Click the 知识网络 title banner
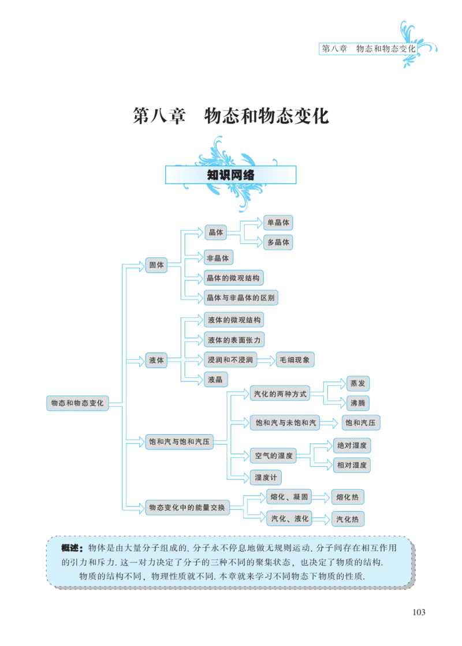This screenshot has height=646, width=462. pos(230,175)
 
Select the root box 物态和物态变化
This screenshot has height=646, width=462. pos(77,403)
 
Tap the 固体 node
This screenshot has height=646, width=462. pos(157,265)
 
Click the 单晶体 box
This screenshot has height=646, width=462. pos(278,222)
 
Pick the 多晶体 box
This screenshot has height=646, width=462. pos(278,242)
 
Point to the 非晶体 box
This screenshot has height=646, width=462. pos(218,258)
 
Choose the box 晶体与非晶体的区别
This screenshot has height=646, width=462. pos(241,298)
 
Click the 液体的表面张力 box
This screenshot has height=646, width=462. pos(234,340)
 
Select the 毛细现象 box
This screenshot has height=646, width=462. pos(296,360)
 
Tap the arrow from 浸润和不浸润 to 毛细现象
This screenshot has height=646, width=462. pos(266,360)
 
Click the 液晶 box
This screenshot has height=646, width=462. pos(217,379)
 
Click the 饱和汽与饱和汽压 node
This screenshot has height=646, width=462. pos(178,442)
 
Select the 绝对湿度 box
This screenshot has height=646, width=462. pos(352,445)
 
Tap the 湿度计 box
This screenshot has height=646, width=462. pos(266,477)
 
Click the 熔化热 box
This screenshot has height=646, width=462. pos(347,497)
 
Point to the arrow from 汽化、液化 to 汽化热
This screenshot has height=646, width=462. pos(322,519)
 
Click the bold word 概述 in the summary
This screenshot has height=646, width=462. pos(73,547)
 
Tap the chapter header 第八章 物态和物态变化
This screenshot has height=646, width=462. pos(368,49)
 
